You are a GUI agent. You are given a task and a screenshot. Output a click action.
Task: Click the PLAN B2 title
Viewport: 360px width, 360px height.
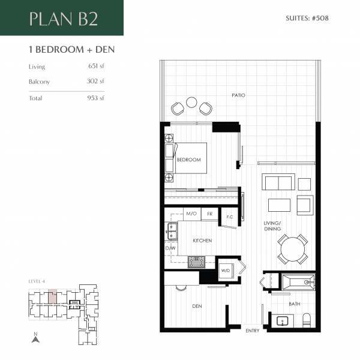point(63,19)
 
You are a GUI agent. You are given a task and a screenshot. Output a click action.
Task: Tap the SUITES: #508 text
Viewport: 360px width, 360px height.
point(308,18)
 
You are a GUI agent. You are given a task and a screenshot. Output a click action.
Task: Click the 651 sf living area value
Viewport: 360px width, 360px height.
point(96,67)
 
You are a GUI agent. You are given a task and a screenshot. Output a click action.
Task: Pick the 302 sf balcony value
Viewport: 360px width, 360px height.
point(96,81)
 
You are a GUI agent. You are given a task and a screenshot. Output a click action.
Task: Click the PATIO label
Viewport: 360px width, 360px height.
point(239,95)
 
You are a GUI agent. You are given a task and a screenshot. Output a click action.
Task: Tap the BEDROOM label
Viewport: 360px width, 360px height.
point(188,160)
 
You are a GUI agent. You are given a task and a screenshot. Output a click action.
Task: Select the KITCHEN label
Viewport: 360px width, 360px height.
point(202,241)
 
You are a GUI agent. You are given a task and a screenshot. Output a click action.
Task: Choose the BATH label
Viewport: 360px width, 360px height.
point(294,304)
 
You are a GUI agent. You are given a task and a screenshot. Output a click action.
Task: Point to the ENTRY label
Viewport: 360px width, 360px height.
point(253,331)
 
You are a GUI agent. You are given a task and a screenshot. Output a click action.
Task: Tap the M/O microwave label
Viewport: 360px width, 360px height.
point(191,214)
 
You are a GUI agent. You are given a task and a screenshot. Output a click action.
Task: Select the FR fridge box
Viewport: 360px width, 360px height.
point(209,214)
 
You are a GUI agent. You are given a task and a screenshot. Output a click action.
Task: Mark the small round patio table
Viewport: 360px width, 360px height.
point(191,103)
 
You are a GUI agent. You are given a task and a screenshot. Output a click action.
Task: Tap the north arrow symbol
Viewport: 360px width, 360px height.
point(35,338)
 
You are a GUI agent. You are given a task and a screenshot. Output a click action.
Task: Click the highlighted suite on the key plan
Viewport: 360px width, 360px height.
point(53,295)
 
